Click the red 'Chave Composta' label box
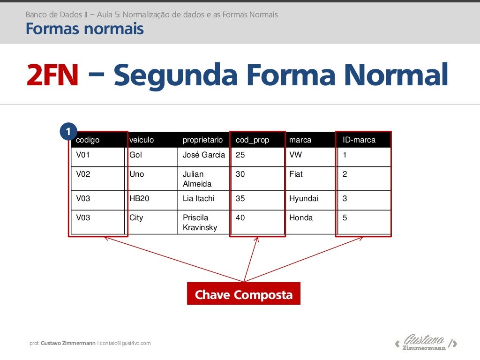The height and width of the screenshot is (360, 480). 243,294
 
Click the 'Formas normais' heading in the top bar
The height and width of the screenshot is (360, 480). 84,30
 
